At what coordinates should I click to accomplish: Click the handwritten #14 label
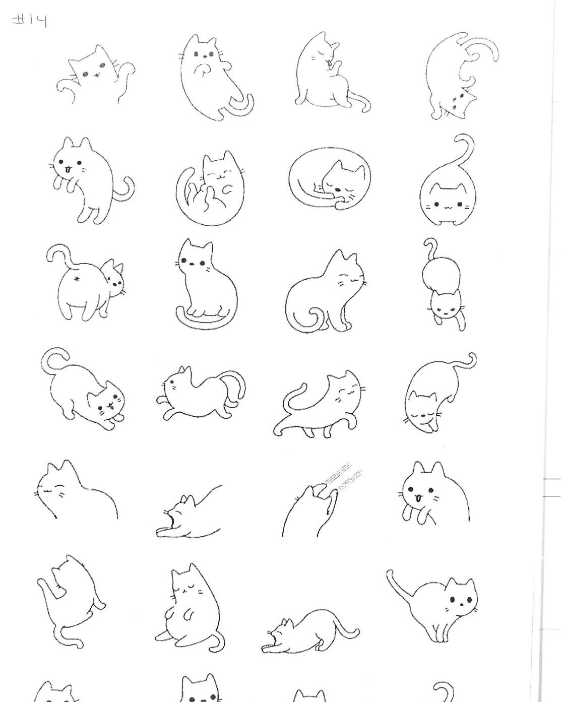(x=29, y=21)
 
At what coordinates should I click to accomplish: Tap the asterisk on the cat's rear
(x=77, y=279)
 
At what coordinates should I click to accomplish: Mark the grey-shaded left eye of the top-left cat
(x=86, y=75)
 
